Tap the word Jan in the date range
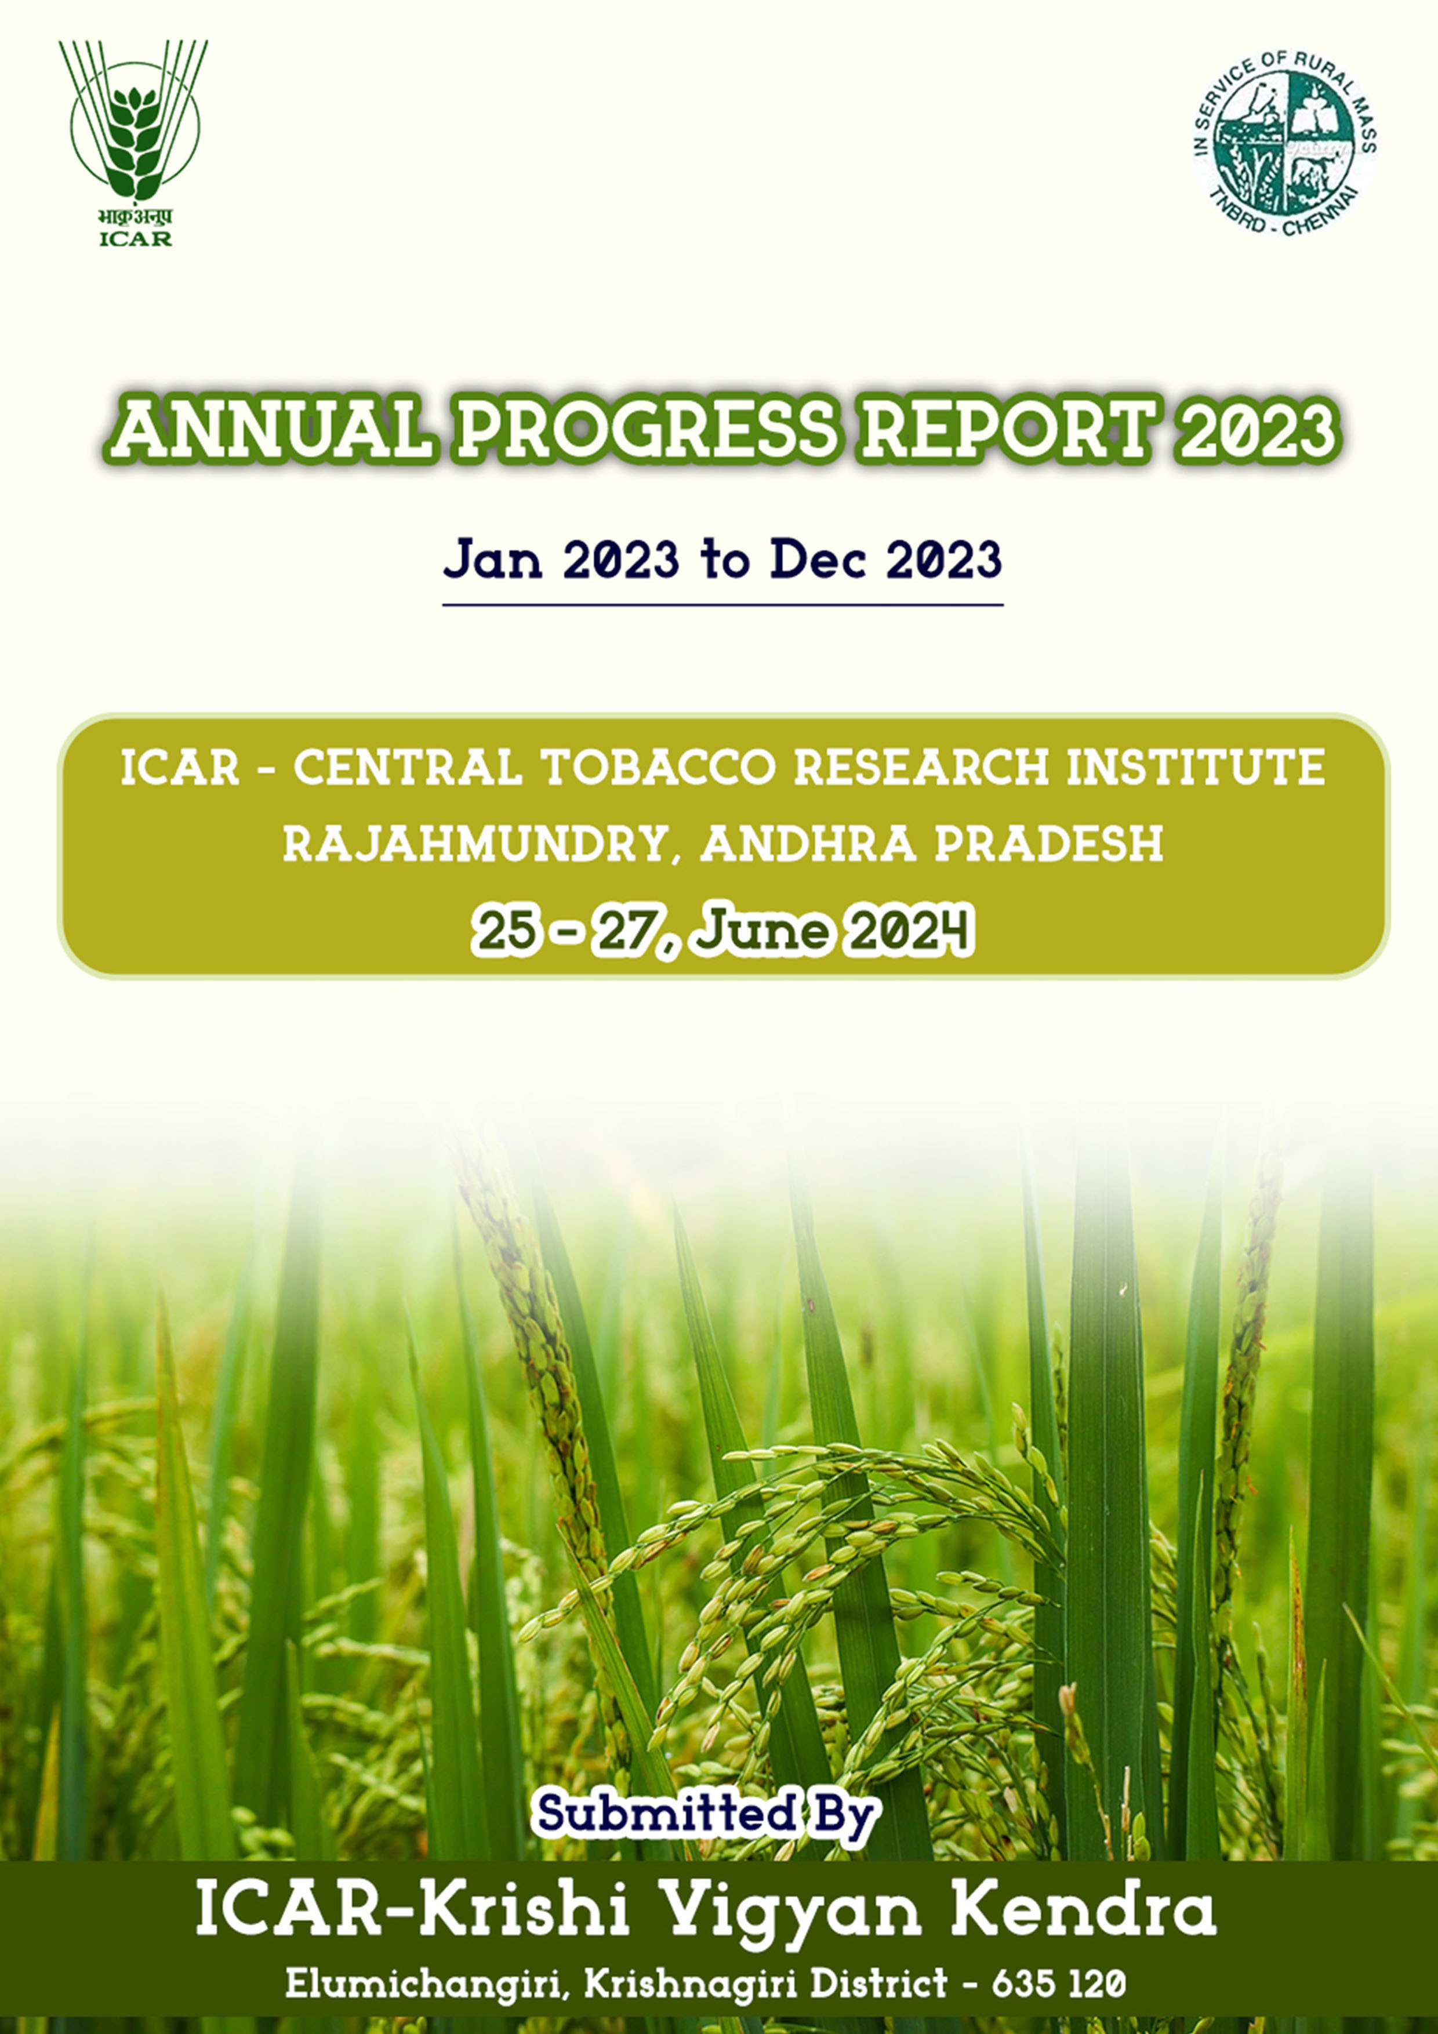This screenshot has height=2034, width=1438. pos(493,560)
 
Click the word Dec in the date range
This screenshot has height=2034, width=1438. pos(817,560)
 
